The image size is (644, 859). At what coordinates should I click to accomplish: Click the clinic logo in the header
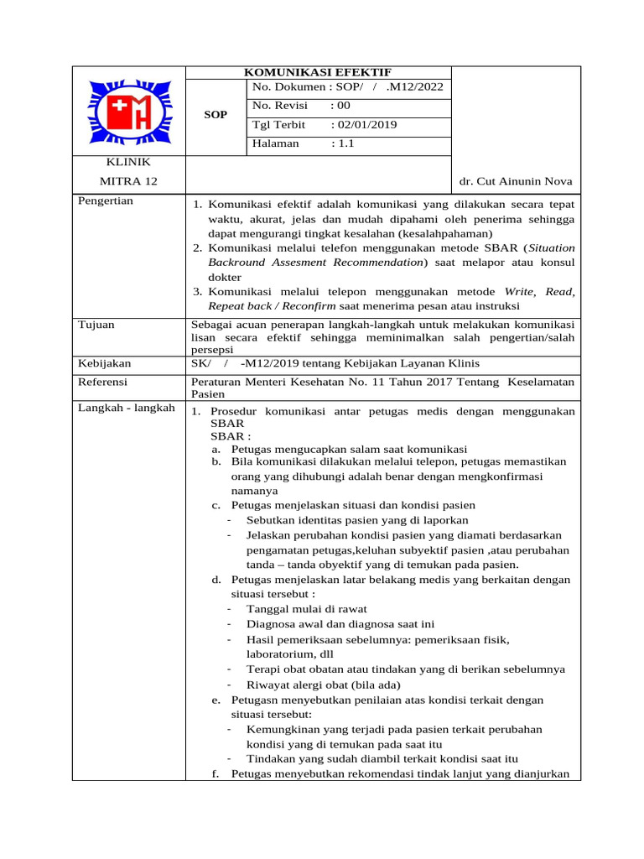pos(127,111)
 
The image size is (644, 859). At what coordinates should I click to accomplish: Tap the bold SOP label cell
pos(216,115)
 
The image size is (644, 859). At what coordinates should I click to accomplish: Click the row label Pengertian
pos(105,201)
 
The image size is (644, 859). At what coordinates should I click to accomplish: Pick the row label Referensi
pos(102,382)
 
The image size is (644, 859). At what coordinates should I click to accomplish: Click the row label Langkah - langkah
pos(126,408)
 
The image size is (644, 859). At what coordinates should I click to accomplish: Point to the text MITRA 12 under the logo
pos(127,181)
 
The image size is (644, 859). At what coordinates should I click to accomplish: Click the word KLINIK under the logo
pos(127,162)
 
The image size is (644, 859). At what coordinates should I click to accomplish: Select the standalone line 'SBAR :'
pos(231,437)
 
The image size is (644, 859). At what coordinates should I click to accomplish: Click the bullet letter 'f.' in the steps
pos(216,773)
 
